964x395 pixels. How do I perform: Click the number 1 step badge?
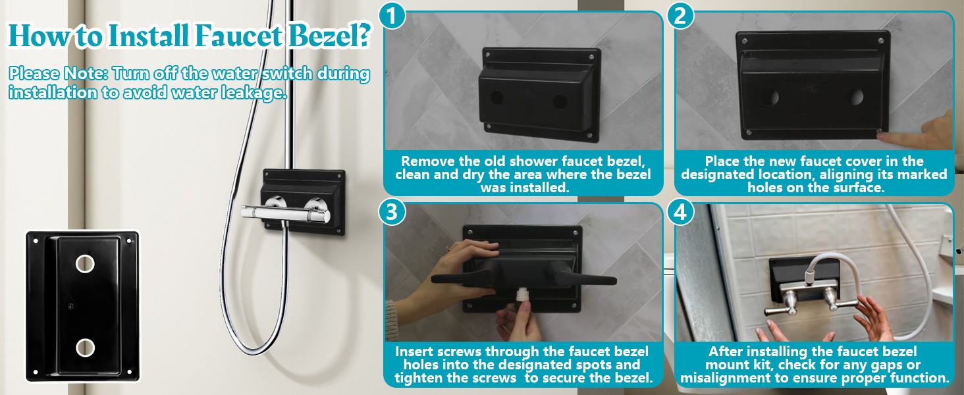coord(392,16)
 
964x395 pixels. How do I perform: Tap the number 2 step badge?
coord(680,16)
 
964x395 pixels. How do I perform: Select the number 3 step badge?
coord(392,212)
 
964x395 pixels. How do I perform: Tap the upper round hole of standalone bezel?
coord(85,264)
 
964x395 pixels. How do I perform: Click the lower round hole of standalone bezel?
coord(85,348)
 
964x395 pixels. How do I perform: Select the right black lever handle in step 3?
coord(586,278)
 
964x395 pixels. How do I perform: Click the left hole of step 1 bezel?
coord(497,97)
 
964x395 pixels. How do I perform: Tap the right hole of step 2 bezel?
coord(856,97)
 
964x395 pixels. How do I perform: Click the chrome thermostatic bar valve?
coord(286,213)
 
